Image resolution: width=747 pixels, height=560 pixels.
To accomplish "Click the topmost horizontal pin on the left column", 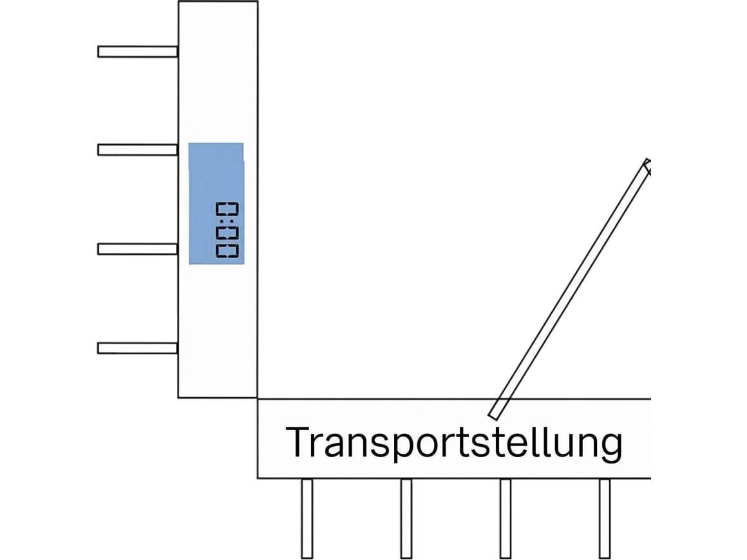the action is click(138, 51).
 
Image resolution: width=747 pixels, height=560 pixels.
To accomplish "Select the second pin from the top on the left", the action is click(138, 149).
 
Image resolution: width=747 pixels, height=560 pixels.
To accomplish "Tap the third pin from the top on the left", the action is click(138, 248).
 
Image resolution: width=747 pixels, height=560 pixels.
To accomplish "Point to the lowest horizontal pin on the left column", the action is click(138, 348).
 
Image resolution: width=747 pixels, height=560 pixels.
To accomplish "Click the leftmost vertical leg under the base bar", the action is click(307, 519).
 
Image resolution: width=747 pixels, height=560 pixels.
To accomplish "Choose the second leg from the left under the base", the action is click(406, 519).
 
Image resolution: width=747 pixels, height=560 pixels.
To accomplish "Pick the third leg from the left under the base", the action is click(506, 519).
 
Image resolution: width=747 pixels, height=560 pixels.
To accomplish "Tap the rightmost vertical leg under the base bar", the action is click(605, 519).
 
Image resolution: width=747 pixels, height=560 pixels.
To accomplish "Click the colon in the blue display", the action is click(227, 222).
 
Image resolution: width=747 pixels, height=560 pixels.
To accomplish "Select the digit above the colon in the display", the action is click(227, 209).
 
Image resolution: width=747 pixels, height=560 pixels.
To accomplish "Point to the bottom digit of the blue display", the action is click(227, 251).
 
